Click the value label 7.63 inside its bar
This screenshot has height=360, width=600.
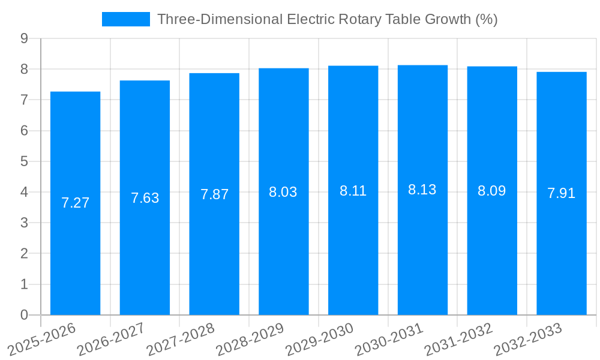click(145, 198)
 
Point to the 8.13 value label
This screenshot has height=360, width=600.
click(422, 190)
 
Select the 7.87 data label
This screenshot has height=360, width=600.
click(214, 194)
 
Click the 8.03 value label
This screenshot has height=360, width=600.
click(283, 192)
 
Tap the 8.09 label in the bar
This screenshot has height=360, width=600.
click(491, 191)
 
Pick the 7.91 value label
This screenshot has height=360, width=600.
click(561, 193)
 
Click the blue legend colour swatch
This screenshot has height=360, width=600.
click(125, 19)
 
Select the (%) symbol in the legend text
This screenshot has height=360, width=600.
click(486, 19)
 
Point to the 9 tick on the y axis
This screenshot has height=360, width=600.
click(24, 38)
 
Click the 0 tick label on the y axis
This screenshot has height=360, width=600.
click(24, 315)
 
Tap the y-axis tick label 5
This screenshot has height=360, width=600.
click(24, 161)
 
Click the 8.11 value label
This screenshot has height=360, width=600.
click(353, 191)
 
